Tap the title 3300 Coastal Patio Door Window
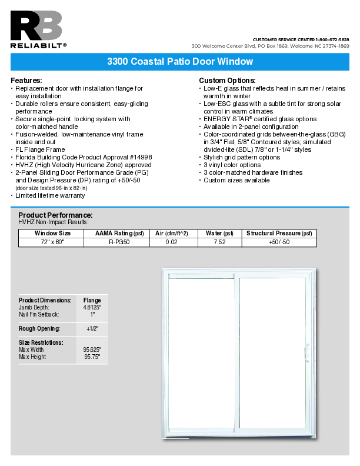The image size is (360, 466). click(x=180, y=62)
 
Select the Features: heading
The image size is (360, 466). click(x=26, y=80)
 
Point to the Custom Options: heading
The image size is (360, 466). click(x=227, y=80)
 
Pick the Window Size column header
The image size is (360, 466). click(x=53, y=234)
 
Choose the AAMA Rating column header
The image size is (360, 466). click(x=119, y=234)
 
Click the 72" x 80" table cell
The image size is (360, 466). click(x=53, y=242)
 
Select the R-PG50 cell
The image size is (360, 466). click(x=119, y=242)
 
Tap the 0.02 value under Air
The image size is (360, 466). click(x=171, y=242)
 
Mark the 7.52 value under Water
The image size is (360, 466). click(x=219, y=242)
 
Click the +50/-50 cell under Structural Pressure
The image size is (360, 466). click(x=279, y=242)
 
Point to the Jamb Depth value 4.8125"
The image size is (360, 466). click(x=92, y=307)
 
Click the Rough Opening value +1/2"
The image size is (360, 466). click(x=92, y=328)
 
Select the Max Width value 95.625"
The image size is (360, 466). click(x=92, y=349)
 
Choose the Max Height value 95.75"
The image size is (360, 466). click(x=92, y=357)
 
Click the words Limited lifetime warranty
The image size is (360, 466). click(x=50, y=195)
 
